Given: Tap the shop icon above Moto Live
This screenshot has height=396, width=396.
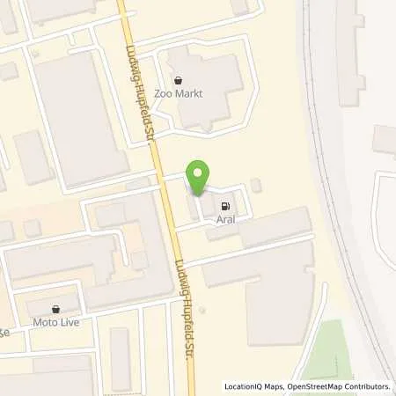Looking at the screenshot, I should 57,309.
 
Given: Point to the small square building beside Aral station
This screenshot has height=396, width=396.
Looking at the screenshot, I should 255,185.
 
